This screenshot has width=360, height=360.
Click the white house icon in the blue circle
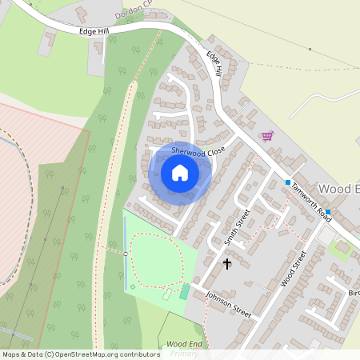coord(180,173)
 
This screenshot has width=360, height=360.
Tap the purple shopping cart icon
coord(267,135)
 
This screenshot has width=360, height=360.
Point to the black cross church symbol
coord(226,262)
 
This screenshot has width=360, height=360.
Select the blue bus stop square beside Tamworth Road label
coord(288,182)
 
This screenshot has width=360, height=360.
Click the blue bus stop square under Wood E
coord(328,212)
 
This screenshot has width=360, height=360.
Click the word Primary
coord(185,353)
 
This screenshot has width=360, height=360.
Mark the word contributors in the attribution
coord(137,354)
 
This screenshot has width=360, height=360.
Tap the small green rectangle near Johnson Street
coord(185,292)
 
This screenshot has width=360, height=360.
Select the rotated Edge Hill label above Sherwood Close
coord(214,64)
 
